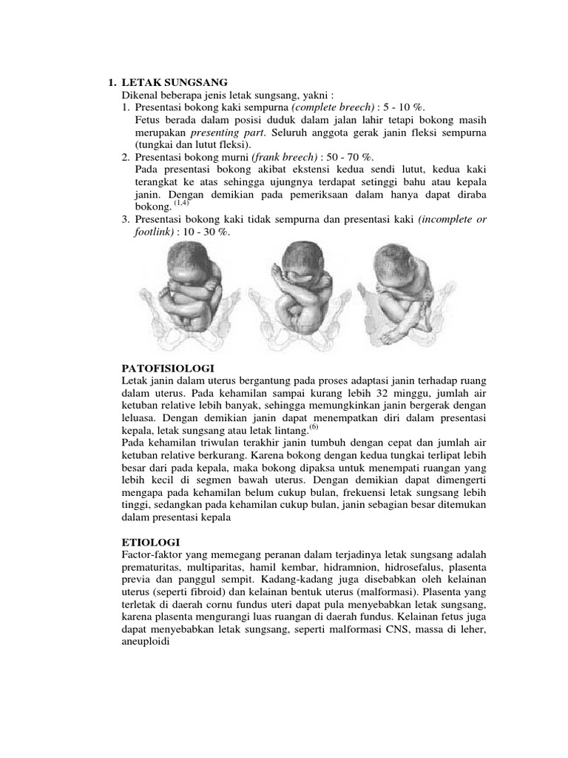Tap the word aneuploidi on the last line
point(145,643)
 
